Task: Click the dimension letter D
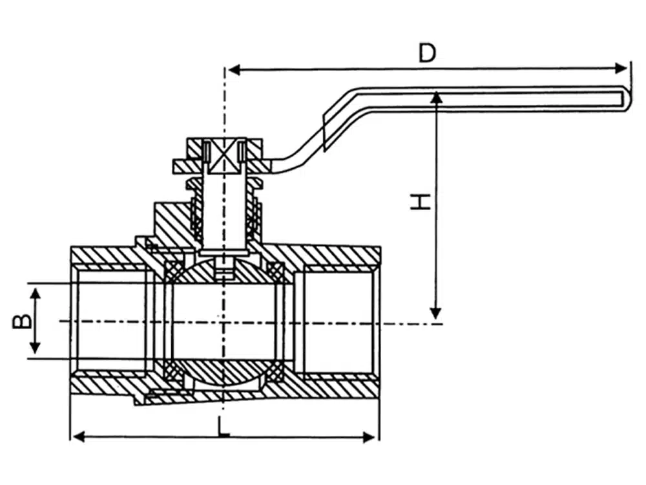coord(427,52)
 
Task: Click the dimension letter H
coord(421,201)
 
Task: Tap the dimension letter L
coord(223,426)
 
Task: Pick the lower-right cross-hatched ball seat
coord(276,372)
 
